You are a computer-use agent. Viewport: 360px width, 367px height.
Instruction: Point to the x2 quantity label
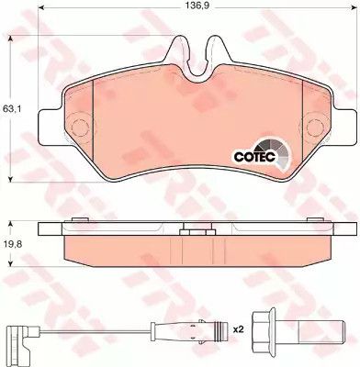click(x=238, y=329)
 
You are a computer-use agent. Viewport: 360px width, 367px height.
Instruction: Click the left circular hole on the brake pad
click(x=80, y=127)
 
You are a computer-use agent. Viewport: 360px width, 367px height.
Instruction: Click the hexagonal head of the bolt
click(x=263, y=329)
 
